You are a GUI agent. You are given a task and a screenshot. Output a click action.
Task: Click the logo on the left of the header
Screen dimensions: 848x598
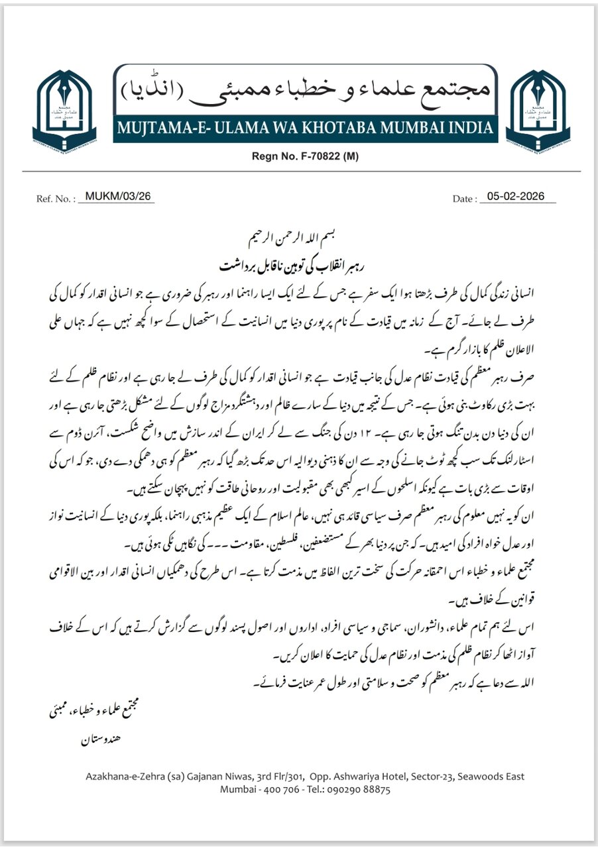(x=64, y=107)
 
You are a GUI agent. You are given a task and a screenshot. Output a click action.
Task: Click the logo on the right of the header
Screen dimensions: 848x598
(x=534, y=107)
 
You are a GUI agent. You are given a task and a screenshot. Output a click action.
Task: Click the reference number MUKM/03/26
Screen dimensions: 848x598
(x=116, y=197)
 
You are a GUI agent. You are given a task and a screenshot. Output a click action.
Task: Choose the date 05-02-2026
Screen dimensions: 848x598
(x=516, y=197)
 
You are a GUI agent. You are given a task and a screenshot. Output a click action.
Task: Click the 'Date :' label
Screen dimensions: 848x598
(x=464, y=198)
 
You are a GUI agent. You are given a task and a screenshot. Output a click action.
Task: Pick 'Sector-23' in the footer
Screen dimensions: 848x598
(x=435, y=776)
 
